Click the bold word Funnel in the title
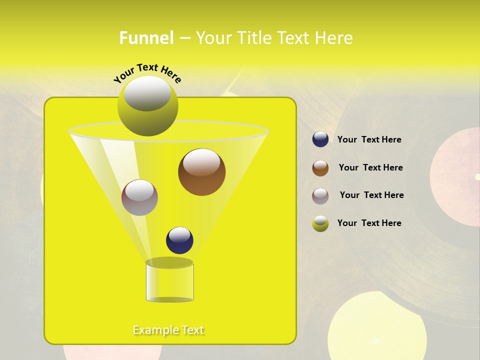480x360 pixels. pos(146,37)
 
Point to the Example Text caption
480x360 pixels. pos(168,330)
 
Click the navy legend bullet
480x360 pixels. pos(320,139)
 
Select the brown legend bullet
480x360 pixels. pos(320,168)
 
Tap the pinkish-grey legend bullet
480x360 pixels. pos(320,196)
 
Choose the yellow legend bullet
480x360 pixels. pos(320,223)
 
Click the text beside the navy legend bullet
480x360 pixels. pos(369,140)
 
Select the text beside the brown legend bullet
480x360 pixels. pos(370,167)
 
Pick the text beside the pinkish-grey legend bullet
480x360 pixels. pos(371,195)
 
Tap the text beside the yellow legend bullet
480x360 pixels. pos(369,223)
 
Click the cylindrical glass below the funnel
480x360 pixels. pos(169,282)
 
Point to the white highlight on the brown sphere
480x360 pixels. pos(201,163)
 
